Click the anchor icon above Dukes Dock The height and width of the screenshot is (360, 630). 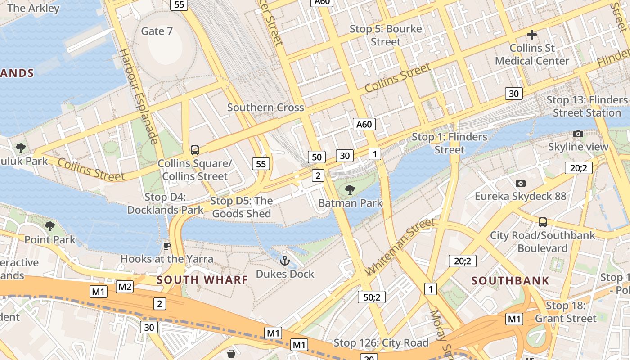pyautogui.click(x=284, y=260)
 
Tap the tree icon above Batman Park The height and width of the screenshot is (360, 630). pyautogui.click(x=350, y=190)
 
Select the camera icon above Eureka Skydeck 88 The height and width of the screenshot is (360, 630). pyautogui.click(x=521, y=183)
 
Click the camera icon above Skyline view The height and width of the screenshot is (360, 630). pyautogui.click(x=578, y=134)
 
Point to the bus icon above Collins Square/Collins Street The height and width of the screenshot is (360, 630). pyautogui.click(x=194, y=150)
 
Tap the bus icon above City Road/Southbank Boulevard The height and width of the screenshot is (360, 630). pyautogui.click(x=543, y=222)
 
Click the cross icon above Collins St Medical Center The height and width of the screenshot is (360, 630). pyautogui.click(x=532, y=35)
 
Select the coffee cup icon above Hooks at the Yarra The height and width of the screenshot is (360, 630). pyautogui.click(x=166, y=245)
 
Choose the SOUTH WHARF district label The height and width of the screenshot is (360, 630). pyautogui.click(x=202, y=279)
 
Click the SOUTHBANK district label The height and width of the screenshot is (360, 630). pyautogui.click(x=510, y=281)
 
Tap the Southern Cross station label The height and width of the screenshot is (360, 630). pyautogui.click(x=265, y=108)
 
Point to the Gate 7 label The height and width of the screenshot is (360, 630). pyautogui.click(x=157, y=31)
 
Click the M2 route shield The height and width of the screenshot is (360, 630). pyautogui.click(x=125, y=286)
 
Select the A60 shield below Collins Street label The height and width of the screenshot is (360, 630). pyautogui.click(x=364, y=124)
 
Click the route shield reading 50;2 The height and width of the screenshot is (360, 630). pyautogui.click(x=372, y=297)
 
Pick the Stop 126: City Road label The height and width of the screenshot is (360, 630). pyautogui.click(x=381, y=343)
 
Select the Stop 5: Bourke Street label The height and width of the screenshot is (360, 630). pyautogui.click(x=386, y=35)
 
